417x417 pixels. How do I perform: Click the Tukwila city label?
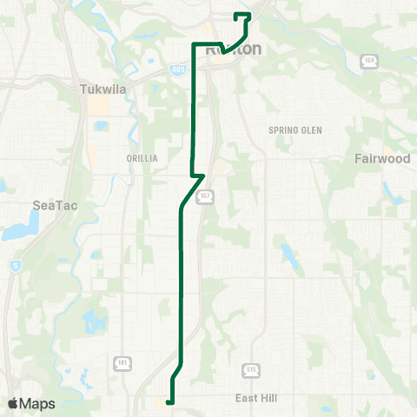pos(103,89)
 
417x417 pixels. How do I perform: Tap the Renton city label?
pos(233,50)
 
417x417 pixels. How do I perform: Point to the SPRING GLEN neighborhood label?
pos(295,130)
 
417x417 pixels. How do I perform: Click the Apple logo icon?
pos(13,403)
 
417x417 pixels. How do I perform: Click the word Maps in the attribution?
pos(37,403)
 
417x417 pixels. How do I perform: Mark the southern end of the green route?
pos(168,401)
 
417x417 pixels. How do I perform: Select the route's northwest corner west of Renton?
pos(193,43)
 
